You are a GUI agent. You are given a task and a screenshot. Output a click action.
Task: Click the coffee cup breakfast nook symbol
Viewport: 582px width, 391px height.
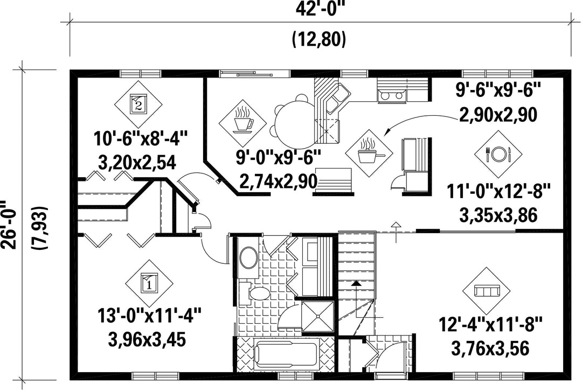click(x=242, y=123)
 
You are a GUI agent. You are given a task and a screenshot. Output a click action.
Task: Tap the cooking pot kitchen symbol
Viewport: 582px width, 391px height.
click(x=369, y=153)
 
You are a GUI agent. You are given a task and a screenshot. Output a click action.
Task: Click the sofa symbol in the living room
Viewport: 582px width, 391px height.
click(x=487, y=290)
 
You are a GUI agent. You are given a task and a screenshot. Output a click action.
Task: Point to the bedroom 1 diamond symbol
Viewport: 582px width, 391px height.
click(x=149, y=283)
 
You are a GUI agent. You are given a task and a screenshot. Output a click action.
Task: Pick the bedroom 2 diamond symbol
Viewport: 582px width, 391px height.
click(x=138, y=104)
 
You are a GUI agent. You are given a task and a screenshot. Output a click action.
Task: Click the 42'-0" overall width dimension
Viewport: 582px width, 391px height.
click(x=318, y=9)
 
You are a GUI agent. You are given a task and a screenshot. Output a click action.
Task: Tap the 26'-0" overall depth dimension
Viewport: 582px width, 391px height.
click(x=9, y=225)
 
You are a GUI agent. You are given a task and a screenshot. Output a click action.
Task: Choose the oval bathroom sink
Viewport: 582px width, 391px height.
click(x=248, y=257)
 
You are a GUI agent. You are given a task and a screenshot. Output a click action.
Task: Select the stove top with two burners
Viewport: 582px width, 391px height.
click(x=392, y=96)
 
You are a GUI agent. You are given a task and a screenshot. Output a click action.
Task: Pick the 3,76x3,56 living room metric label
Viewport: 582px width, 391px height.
click(x=490, y=348)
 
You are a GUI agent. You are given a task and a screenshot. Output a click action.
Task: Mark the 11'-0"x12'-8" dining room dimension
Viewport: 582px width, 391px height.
click(x=498, y=192)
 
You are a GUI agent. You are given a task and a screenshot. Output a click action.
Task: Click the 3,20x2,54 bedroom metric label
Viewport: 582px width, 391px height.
click(x=137, y=163)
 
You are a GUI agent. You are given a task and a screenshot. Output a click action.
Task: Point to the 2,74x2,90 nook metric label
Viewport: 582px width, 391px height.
click(x=279, y=181)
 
